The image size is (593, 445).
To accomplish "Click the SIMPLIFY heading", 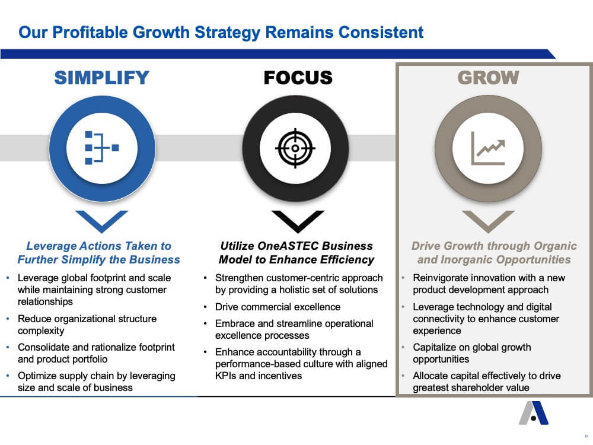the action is click(x=102, y=78).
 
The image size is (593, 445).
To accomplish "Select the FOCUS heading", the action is click(x=298, y=78).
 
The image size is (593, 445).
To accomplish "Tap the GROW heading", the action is click(x=488, y=78).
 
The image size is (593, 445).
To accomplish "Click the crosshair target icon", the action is click(x=295, y=148).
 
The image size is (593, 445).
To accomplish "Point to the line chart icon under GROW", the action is click(x=488, y=148).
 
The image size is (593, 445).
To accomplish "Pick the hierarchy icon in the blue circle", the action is click(x=102, y=148).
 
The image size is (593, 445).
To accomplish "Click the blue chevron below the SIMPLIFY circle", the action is click(x=102, y=221).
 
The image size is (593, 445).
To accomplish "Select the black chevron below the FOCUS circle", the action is click(x=298, y=221).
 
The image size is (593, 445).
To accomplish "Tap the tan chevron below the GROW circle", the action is click(x=488, y=221).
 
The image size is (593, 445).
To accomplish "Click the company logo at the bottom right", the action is click(x=534, y=413).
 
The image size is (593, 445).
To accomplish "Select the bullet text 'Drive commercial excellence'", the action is click(x=278, y=307).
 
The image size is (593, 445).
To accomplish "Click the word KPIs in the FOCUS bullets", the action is click(x=226, y=376).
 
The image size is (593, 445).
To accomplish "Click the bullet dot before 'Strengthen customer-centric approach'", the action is click(x=205, y=278).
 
